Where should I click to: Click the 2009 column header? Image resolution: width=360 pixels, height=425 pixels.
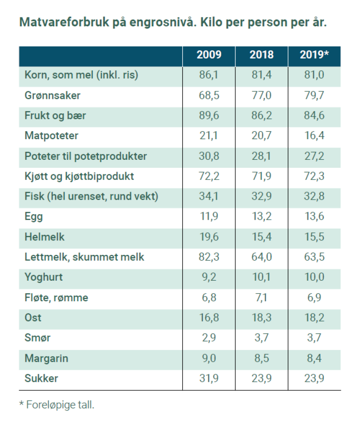(209, 55)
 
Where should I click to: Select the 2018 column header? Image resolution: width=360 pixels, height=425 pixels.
(262, 55)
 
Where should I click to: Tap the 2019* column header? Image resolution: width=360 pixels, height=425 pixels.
(314, 55)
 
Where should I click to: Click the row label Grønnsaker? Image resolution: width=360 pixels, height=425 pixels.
(52, 96)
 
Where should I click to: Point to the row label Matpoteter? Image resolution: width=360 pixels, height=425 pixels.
(52, 136)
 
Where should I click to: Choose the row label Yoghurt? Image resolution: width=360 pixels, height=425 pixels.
(43, 277)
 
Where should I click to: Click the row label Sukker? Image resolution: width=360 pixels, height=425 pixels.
(41, 378)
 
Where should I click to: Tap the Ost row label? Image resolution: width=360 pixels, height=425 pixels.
(33, 318)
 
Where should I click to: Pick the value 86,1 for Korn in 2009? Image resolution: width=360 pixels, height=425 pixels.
(209, 75)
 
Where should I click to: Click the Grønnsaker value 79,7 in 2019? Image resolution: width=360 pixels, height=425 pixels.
(314, 96)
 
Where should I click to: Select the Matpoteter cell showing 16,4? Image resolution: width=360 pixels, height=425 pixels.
(314, 136)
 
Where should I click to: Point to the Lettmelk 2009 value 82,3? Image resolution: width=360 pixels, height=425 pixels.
(209, 257)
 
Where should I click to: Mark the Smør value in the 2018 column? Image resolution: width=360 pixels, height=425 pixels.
(262, 338)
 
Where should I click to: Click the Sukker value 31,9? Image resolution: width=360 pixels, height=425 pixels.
(209, 378)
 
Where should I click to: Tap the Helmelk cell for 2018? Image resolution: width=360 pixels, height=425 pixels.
(262, 237)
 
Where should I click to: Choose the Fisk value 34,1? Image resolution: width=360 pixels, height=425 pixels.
(209, 197)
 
